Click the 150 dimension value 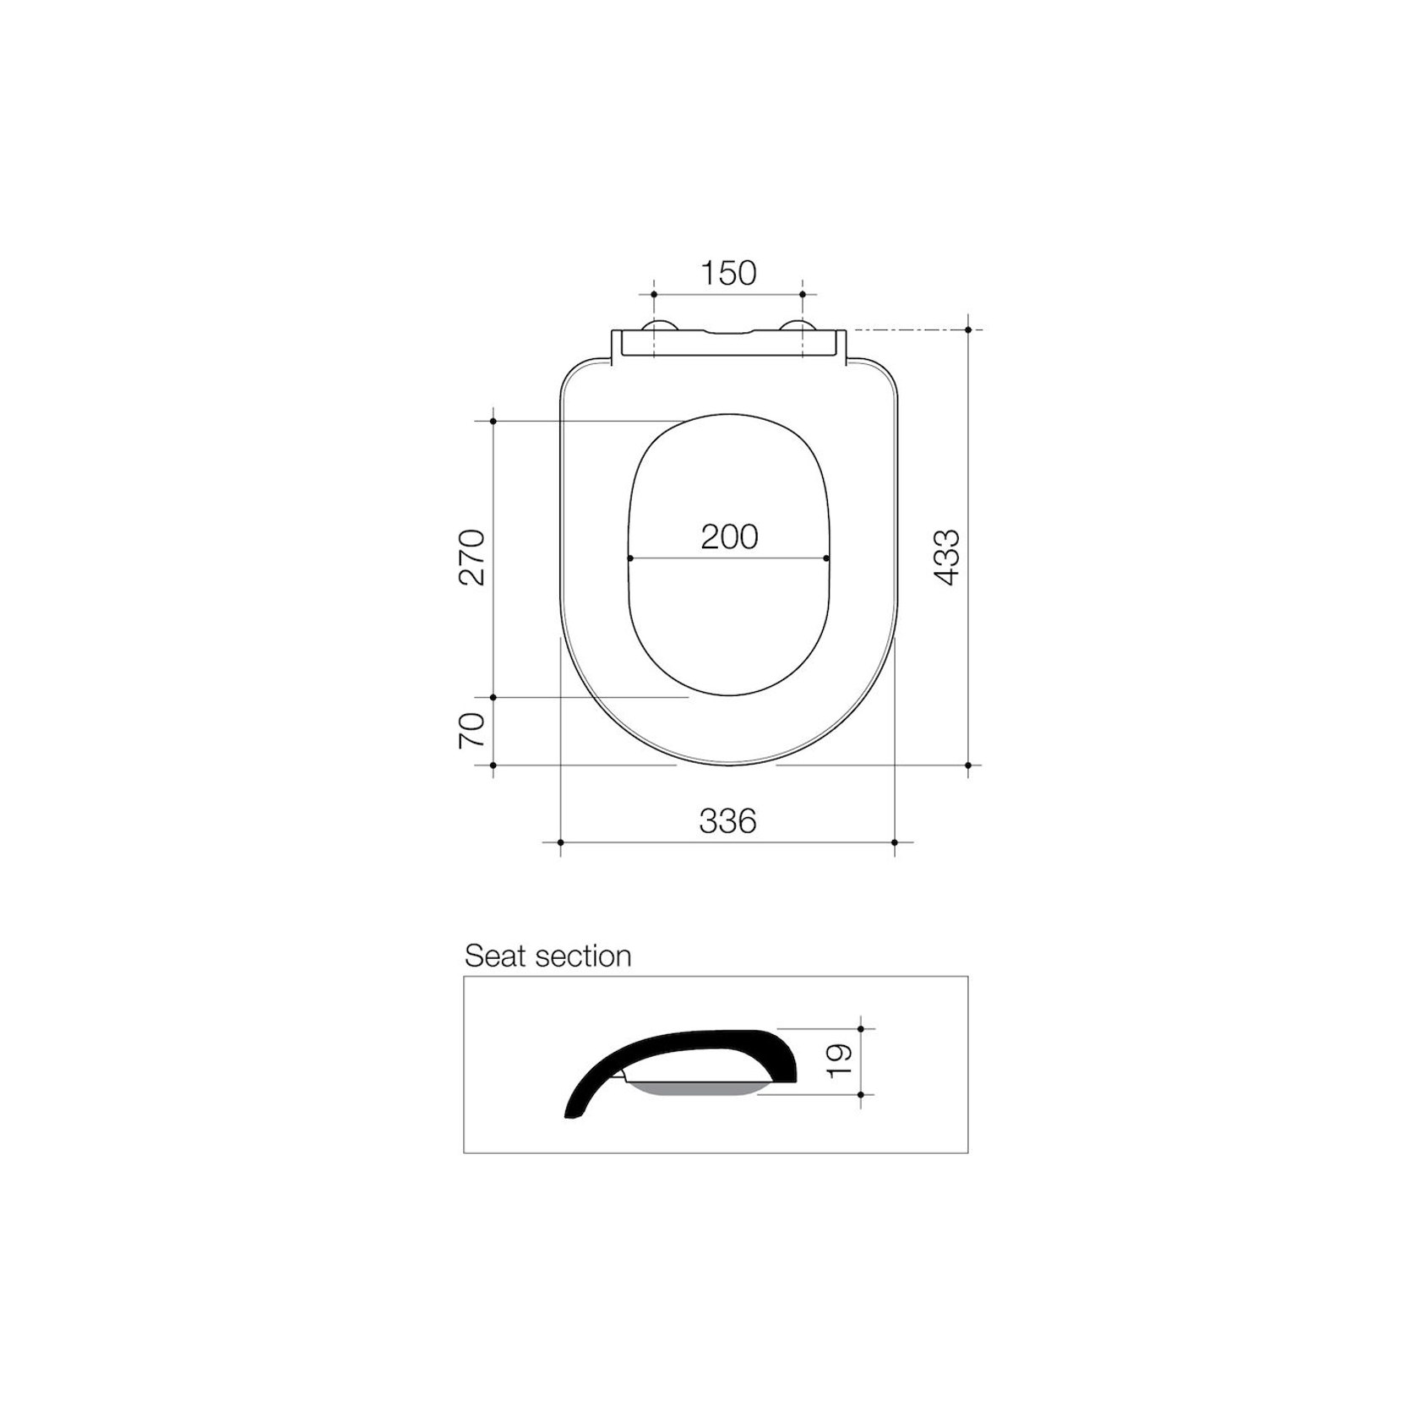click(728, 273)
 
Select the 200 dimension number click(729, 536)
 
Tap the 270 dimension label click(472, 557)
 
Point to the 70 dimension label click(472, 730)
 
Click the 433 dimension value click(947, 557)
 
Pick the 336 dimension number click(727, 820)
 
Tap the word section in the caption click(584, 956)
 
